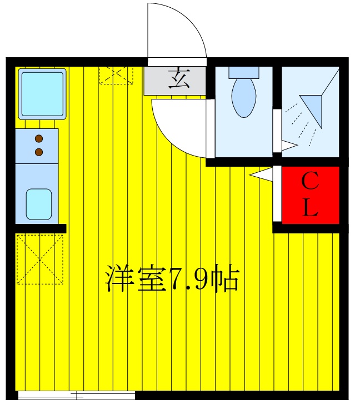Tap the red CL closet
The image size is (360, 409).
point(310,194)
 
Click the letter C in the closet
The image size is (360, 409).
point(310,181)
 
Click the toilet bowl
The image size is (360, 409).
point(243,97)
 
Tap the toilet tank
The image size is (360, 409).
point(243,72)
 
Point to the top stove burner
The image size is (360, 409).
point(39,139)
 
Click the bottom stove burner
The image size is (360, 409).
point(39,151)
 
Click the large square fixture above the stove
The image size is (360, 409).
point(42,93)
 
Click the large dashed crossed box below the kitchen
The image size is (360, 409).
point(39,259)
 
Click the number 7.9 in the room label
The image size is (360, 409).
point(191,280)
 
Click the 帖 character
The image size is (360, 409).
point(227,280)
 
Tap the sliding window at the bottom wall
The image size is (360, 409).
point(77,396)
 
